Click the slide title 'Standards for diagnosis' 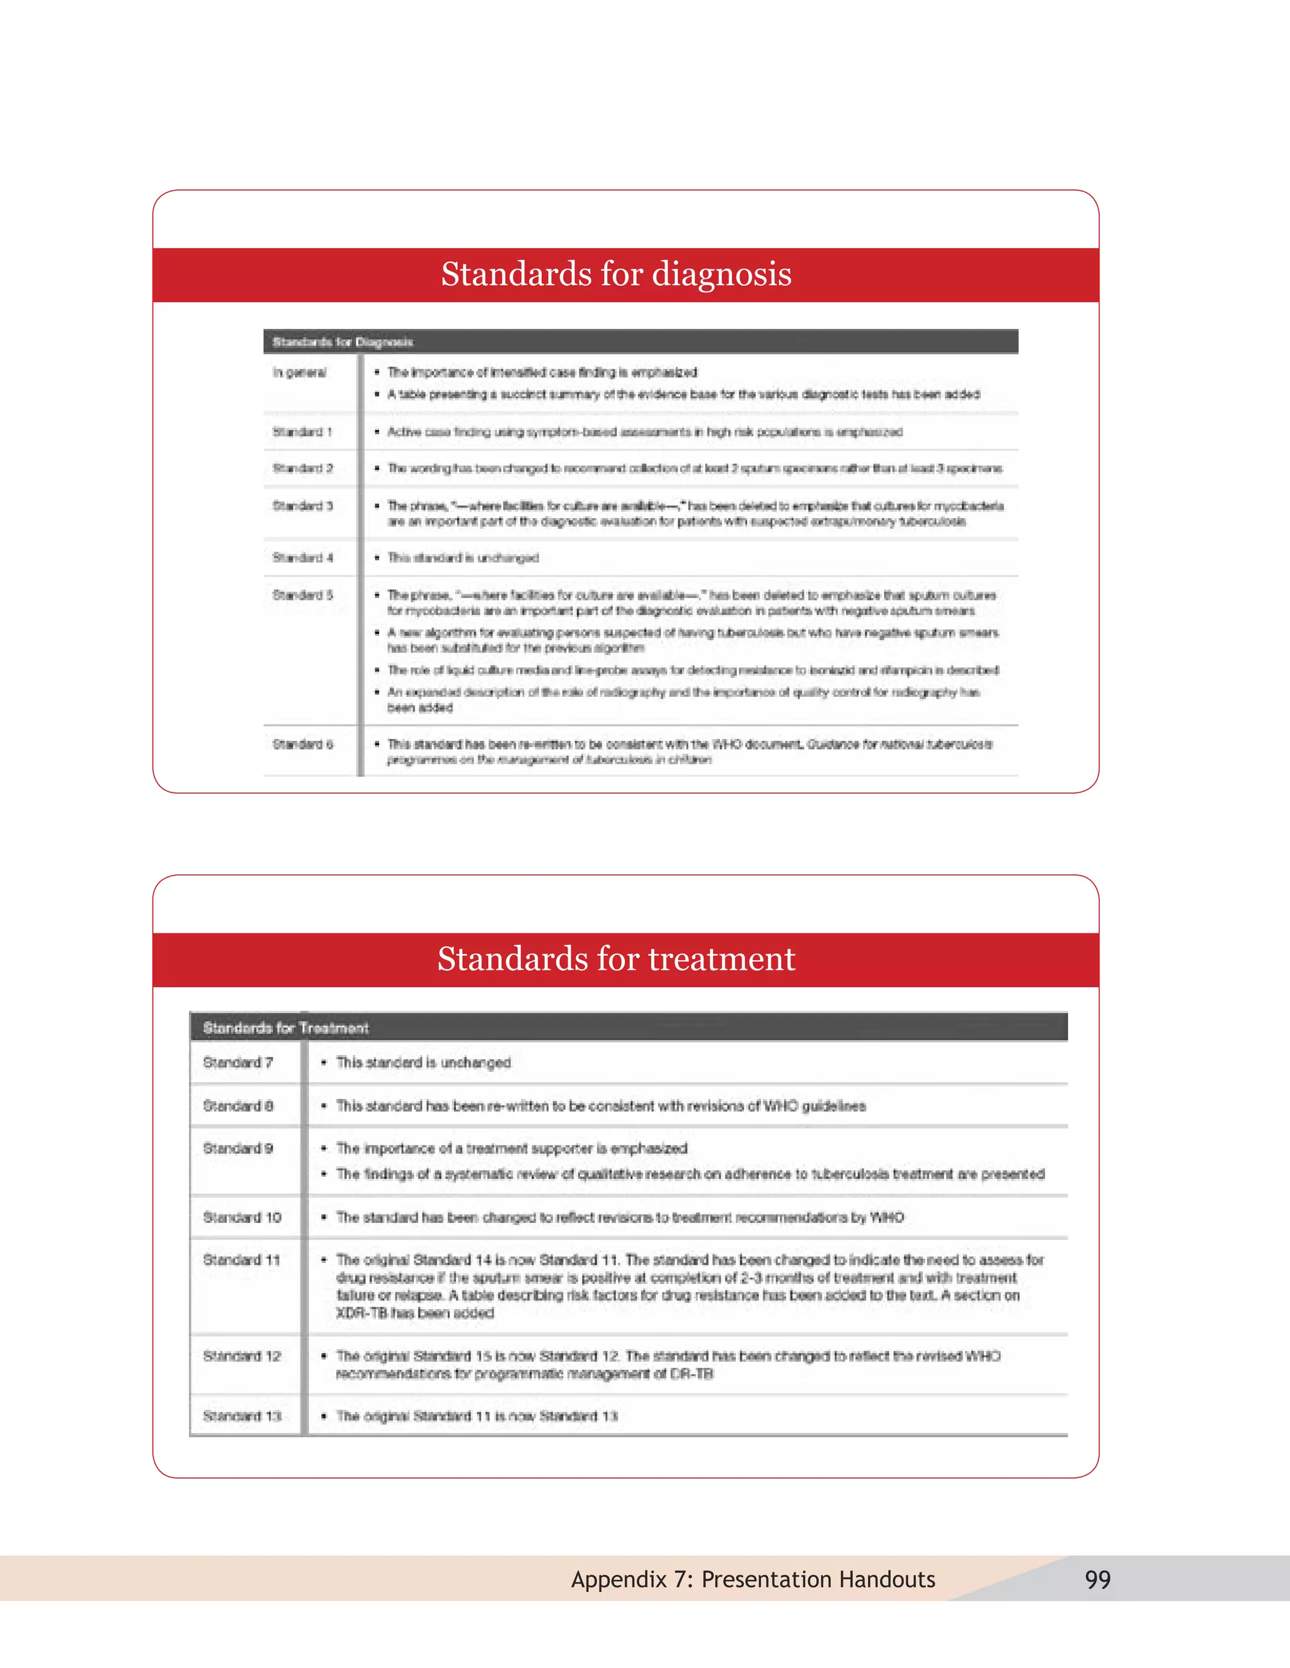pyautogui.click(x=616, y=274)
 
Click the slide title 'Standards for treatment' pyautogui.click(x=616, y=959)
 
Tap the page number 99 pyautogui.click(x=1097, y=1579)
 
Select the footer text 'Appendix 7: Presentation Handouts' pyautogui.click(x=753, y=1579)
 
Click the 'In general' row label pyautogui.click(x=300, y=373)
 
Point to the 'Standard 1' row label pyautogui.click(x=302, y=432)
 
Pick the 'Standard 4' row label pyautogui.click(x=302, y=558)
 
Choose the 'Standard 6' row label pyautogui.click(x=302, y=744)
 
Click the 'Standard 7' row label pyautogui.click(x=237, y=1062)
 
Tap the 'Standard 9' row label pyautogui.click(x=237, y=1149)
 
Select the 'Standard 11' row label pyautogui.click(x=241, y=1260)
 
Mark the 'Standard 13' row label pyautogui.click(x=241, y=1416)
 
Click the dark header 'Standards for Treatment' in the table pyautogui.click(x=286, y=1028)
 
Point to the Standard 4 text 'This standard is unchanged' pyautogui.click(x=463, y=558)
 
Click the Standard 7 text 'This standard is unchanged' pyautogui.click(x=423, y=1062)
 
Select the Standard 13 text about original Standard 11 pyautogui.click(x=477, y=1416)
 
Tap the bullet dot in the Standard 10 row pyautogui.click(x=324, y=1217)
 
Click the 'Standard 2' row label pyautogui.click(x=302, y=468)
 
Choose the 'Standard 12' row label pyautogui.click(x=241, y=1356)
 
